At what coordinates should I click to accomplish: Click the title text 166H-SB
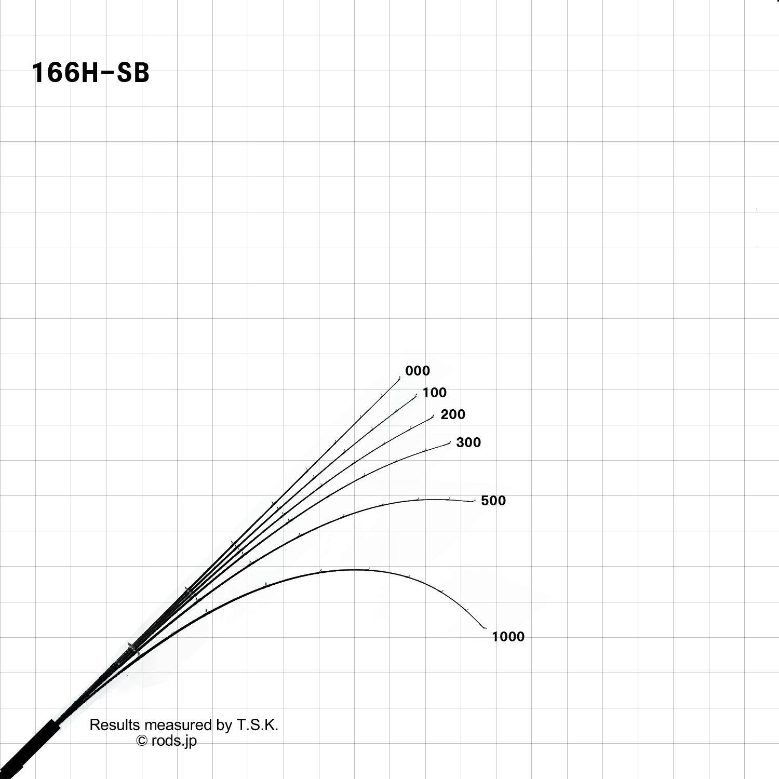pyautogui.click(x=90, y=73)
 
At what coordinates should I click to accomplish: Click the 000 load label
pyautogui.click(x=418, y=371)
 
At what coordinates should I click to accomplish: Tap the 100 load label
pyautogui.click(x=434, y=393)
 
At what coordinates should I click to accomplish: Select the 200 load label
pyautogui.click(x=453, y=414)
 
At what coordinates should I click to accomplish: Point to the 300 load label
pyautogui.click(x=468, y=442)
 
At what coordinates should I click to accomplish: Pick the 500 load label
pyautogui.click(x=493, y=501)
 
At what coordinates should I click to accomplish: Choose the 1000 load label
pyautogui.click(x=508, y=637)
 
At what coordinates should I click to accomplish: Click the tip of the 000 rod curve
pyautogui.click(x=400, y=378)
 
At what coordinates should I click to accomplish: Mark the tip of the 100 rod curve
pyautogui.click(x=417, y=395)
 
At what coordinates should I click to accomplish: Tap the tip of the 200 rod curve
pyautogui.click(x=433, y=416)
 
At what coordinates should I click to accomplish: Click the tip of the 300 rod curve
pyautogui.click(x=450, y=443)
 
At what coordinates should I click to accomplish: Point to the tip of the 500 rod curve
pyautogui.click(x=474, y=501)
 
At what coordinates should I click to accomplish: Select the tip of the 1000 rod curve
pyautogui.click(x=486, y=628)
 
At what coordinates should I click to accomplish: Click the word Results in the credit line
pyautogui.click(x=114, y=725)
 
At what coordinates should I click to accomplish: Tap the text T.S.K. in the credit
pyautogui.click(x=258, y=725)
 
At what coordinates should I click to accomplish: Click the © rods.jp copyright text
pyautogui.click(x=167, y=741)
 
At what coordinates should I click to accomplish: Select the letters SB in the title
pyautogui.click(x=133, y=73)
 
